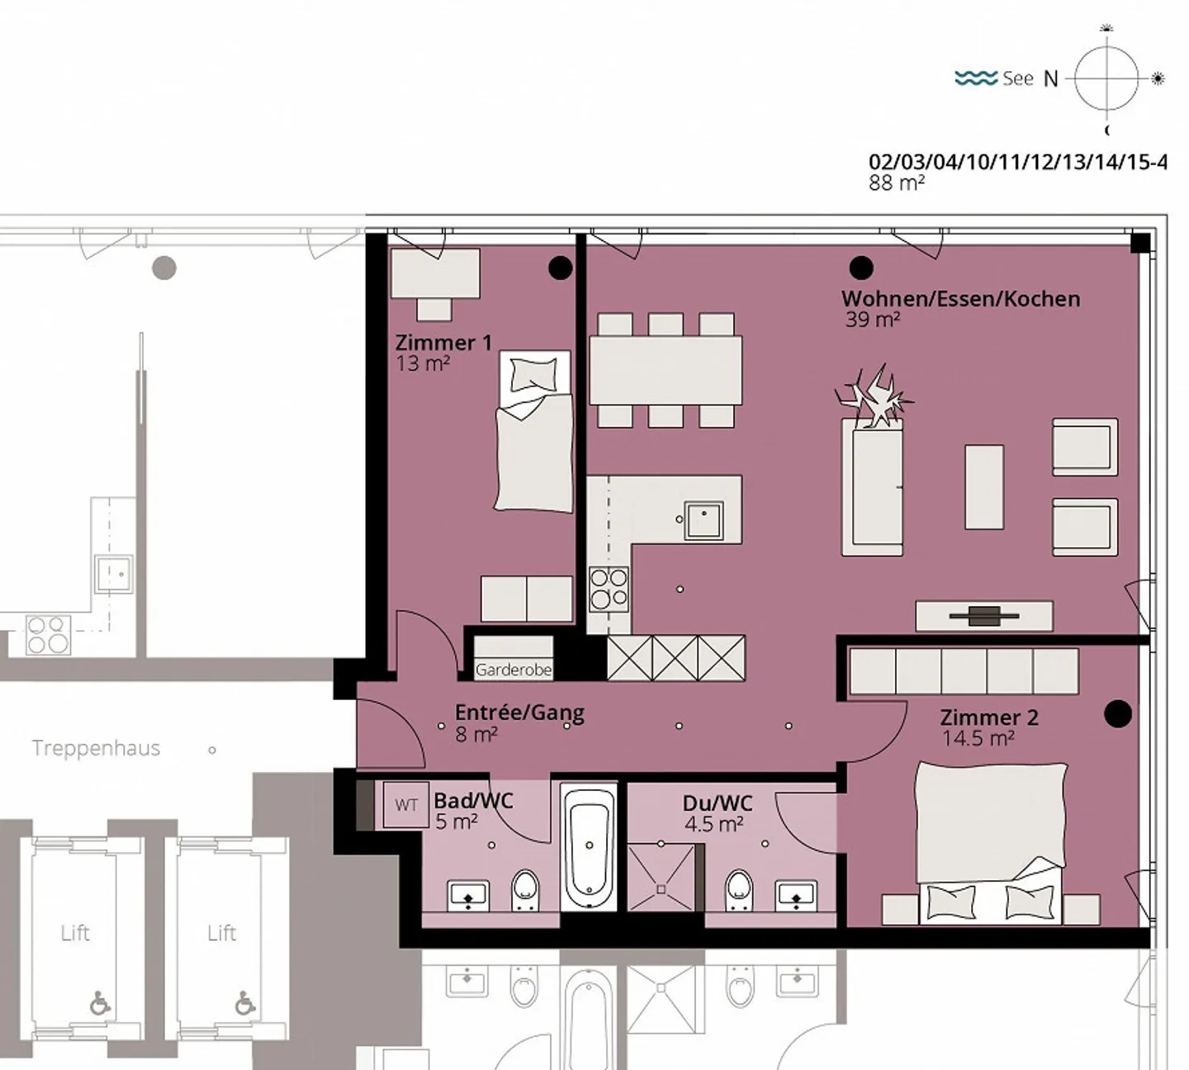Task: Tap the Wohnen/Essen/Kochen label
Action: pyautogui.click(x=960, y=299)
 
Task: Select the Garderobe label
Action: pyautogui.click(x=513, y=670)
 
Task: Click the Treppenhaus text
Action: pyautogui.click(x=96, y=748)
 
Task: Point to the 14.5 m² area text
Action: pyautogui.click(x=978, y=738)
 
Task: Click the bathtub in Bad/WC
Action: pyautogui.click(x=589, y=846)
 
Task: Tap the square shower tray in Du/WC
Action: pyautogui.click(x=661, y=877)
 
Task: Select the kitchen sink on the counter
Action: pyautogui.click(x=703, y=520)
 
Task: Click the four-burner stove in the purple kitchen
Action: pyautogui.click(x=609, y=589)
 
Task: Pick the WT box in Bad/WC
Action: pyautogui.click(x=406, y=805)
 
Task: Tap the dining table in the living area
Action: pyautogui.click(x=666, y=370)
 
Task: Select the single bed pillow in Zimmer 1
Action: pyautogui.click(x=534, y=376)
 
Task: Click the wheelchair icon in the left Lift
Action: pyautogui.click(x=100, y=1003)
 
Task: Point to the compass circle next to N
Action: pyautogui.click(x=1106, y=78)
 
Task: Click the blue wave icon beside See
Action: pyautogui.click(x=976, y=78)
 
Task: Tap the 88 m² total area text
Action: pyautogui.click(x=896, y=183)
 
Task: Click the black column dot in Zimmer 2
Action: pyautogui.click(x=1118, y=713)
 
